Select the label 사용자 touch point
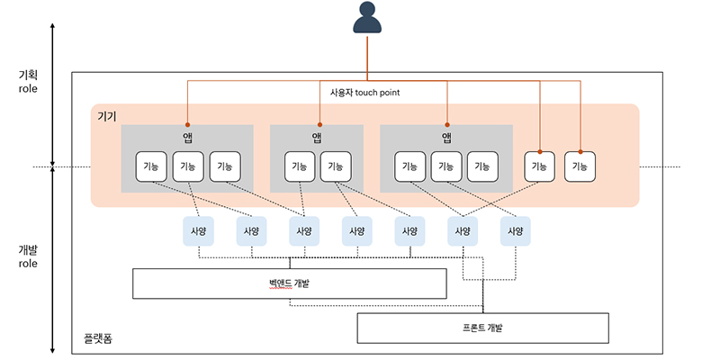(x=364, y=92)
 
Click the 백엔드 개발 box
(x=290, y=283)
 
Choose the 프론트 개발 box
(x=483, y=328)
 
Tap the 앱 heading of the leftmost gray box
(x=187, y=138)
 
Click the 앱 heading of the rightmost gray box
(x=446, y=138)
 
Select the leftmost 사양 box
(x=197, y=231)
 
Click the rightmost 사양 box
(x=516, y=231)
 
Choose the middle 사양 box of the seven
(x=356, y=231)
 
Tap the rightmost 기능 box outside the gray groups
(x=580, y=166)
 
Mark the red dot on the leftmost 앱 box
(x=187, y=125)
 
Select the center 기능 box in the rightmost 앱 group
(x=445, y=166)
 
